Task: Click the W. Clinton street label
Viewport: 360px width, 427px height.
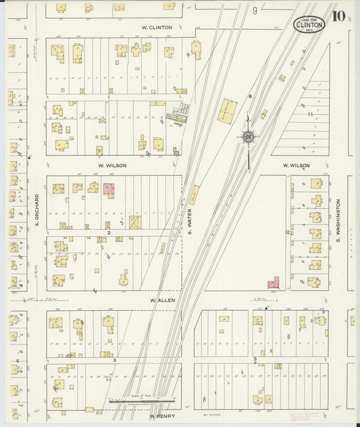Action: pos(157,28)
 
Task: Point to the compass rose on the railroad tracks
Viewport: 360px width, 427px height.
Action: pos(249,138)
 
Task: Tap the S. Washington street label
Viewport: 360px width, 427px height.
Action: pos(339,226)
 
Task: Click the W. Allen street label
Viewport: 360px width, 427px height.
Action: pos(163,299)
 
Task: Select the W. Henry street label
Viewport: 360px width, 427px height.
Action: pos(162,416)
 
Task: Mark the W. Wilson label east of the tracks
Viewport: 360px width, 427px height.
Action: pos(296,166)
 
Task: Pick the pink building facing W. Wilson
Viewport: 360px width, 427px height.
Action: pos(108,190)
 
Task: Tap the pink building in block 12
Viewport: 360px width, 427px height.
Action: pos(274,284)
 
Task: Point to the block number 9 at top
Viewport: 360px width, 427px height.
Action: pos(255,11)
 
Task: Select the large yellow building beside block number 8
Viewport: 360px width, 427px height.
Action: pos(228,110)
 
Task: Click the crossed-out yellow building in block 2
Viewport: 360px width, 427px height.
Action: pos(135,222)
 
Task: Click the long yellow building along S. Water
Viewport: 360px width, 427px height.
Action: pos(194,195)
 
